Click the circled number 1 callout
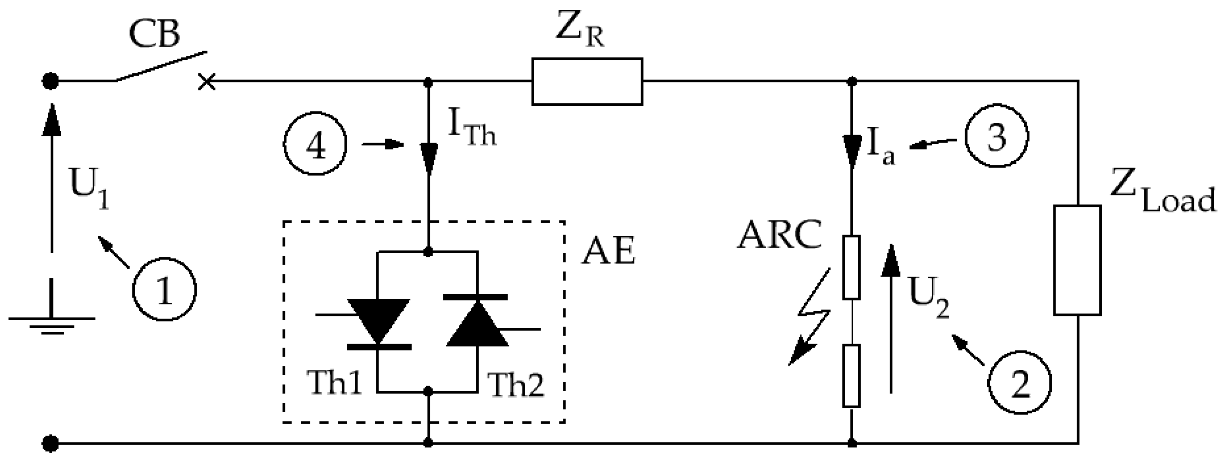(164, 289)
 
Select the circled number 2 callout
(1019, 383)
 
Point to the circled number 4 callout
(315, 143)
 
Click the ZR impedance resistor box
(587, 82)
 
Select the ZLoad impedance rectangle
(1077, 260)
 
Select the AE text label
(608, 251)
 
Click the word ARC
(779, 235)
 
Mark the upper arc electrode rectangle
(851, 267)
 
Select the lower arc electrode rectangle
(851, 376)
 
